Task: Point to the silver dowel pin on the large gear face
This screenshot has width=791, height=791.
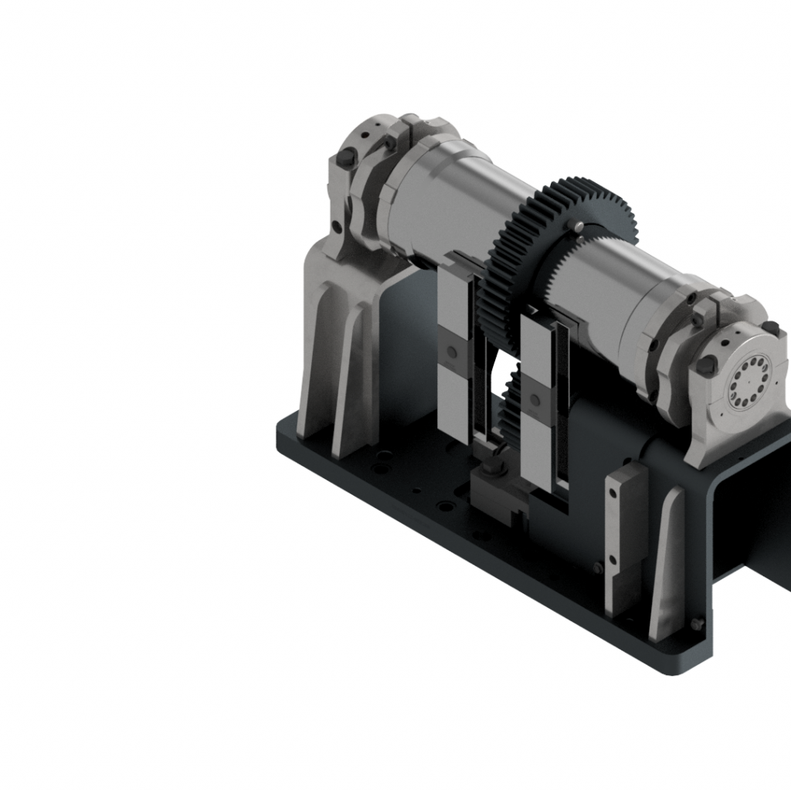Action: [578, 225]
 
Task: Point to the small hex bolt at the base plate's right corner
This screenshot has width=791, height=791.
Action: [698, 623]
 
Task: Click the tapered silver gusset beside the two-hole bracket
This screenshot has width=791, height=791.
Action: [666, 564]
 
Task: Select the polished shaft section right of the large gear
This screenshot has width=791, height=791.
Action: [610, 286]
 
